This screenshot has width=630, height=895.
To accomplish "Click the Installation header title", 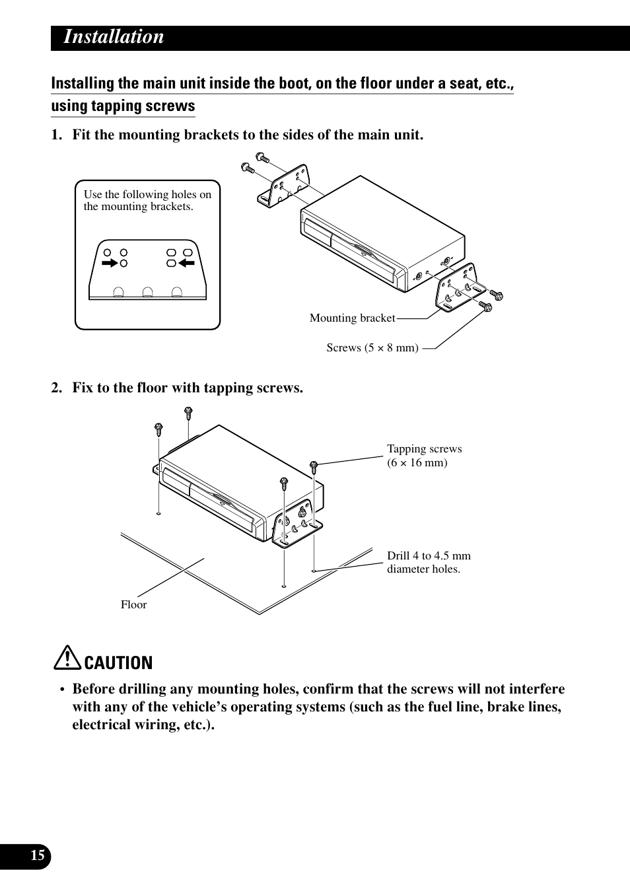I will (x=114, y=37).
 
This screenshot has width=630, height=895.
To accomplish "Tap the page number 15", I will (x=38, y=856).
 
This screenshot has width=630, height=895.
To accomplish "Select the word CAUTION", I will (x=119, y=662).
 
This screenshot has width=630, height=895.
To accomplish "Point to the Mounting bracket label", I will (x=352, y=318).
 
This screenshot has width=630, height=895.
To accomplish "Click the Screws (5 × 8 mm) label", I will (x=372, y=348).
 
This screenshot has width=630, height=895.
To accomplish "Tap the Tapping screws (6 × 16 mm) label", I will (x=424, y=456).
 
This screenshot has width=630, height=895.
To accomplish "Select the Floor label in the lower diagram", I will (x=133, y=605).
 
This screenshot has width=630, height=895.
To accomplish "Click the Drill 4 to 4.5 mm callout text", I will (x=429, y=562).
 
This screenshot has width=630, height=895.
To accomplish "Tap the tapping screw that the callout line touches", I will (x=314, y=466).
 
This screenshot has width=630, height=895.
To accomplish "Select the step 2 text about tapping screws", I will (x=188, y=388).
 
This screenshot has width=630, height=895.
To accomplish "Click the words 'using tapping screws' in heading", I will (x=123, y=106).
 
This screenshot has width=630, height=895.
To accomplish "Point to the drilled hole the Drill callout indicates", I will (x=314, y=570).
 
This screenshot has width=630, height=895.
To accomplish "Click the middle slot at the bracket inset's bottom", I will (x=148, y=292).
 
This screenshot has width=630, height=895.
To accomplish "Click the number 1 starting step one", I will (x=56, y=135).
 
